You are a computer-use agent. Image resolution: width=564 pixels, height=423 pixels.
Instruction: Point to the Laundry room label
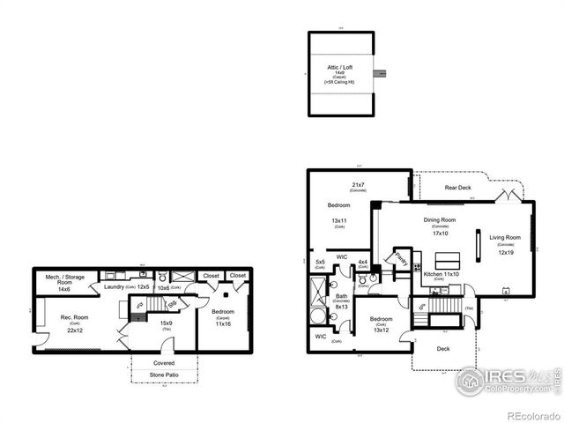pos(115,286)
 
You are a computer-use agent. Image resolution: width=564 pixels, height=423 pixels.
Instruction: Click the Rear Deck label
pos(457,187)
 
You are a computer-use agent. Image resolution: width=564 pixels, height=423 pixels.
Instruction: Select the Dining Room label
pos(439,219)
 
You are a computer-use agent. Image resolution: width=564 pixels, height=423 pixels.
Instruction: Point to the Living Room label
pos(506,237)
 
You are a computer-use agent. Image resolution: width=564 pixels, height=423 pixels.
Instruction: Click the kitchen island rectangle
pos(449,262)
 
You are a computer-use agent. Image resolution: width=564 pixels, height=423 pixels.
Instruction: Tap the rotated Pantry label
pos(401,259)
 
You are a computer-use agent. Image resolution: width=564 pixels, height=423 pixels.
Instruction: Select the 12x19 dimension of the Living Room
pos(506,253)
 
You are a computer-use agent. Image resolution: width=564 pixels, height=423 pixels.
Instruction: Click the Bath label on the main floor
pos(341,296)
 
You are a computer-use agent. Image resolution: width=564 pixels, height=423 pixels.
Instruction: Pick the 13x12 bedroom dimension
pos(381,330)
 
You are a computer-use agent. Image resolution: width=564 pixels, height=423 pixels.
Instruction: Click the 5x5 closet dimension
pos(320,262)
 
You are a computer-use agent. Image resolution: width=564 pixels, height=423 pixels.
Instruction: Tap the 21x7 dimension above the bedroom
pos(359,186)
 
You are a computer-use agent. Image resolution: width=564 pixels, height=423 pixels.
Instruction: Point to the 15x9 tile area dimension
pos(166,323)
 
